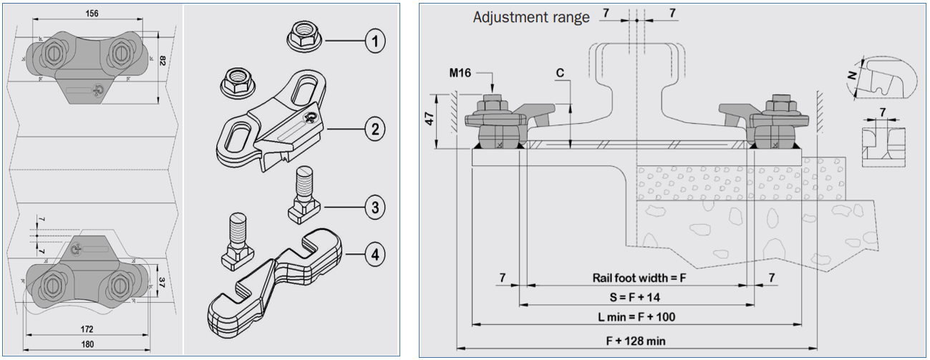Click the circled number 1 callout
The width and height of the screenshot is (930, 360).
tap(372, 41)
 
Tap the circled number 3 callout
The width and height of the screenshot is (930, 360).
tap(372, 208)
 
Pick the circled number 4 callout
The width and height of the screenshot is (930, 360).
tap(372, 253)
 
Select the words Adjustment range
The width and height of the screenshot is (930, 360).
tap(531, 17)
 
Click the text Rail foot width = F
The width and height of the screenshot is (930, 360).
tap(639, 277)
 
